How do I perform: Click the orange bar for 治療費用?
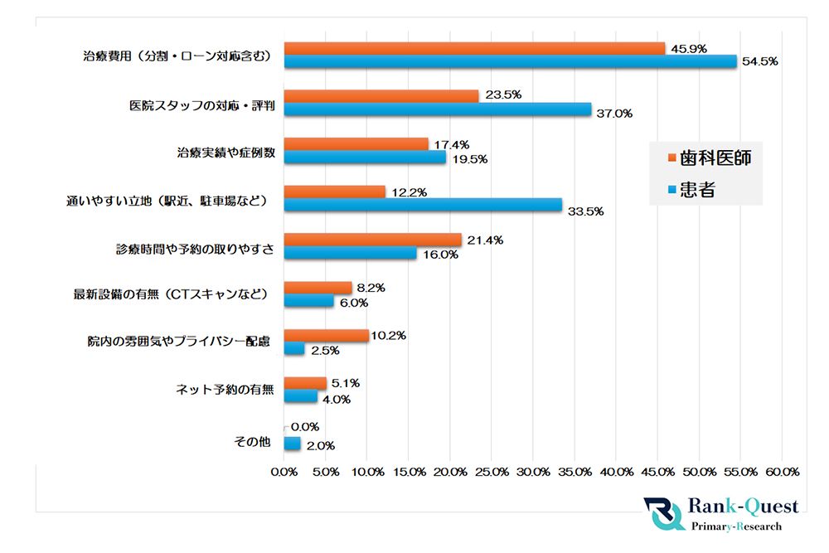click(x=474, y=48)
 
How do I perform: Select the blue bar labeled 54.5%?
click(x=510, y=61)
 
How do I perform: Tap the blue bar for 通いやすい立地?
click(x=423, y=205)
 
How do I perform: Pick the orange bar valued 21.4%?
click(x=372, y=240)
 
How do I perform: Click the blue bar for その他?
click(x=292, y=444)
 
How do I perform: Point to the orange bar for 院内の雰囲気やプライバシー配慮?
click(x=326, y=336)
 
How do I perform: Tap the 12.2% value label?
click(x=409, y=192)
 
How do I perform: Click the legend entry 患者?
click(x=697, y=190)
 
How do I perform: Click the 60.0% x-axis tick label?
click(x=781, y=472)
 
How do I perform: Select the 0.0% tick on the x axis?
click(x=284, y=472)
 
